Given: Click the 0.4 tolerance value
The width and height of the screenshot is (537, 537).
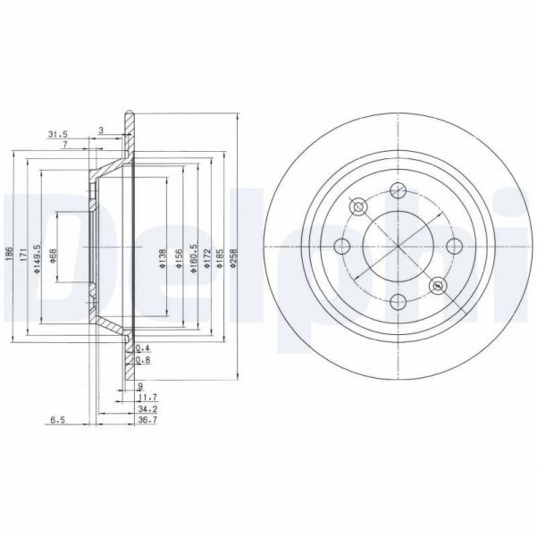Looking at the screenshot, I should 142,348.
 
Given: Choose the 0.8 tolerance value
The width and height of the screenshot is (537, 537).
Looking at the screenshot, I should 142,361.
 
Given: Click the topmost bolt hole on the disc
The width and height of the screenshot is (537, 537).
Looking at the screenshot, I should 399,189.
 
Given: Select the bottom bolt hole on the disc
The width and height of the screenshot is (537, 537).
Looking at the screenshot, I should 399,303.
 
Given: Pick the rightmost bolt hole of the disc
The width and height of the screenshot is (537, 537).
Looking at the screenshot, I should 455,247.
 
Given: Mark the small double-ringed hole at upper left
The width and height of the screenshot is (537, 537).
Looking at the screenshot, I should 359,207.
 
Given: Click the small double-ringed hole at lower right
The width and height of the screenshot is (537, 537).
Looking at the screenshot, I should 437,285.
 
